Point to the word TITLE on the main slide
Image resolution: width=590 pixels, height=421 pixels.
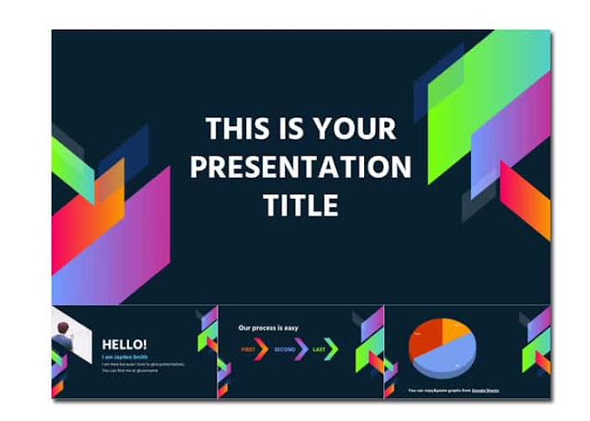[300, 204]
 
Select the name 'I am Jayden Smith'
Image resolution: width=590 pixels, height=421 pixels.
[126, 357]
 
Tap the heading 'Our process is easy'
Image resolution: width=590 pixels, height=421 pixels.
[269, 327]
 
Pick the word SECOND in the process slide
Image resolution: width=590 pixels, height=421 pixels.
[285, 350]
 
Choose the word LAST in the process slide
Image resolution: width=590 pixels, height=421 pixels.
[319, 350]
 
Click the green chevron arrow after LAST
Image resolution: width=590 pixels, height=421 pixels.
[333, 350]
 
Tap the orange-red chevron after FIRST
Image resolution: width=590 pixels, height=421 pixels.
[263, 350]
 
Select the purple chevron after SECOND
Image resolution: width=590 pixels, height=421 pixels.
[301, 350]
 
